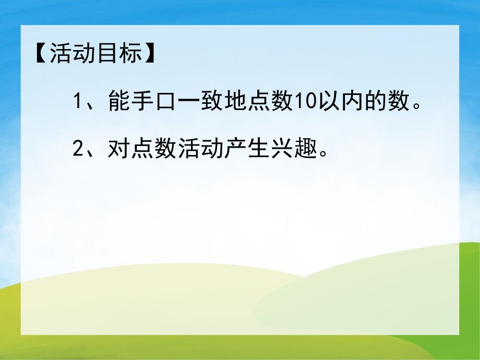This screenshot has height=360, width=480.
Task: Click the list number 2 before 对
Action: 78,150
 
